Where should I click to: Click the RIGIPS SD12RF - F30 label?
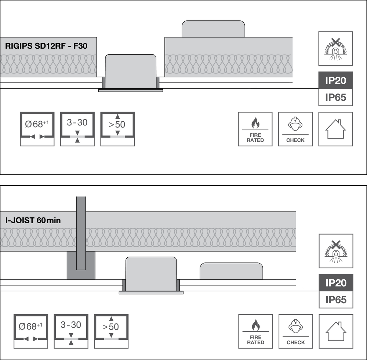[x=46, y=47]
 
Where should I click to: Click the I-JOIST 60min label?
[x=33, y=221]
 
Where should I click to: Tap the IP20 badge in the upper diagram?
[x=335, y=80]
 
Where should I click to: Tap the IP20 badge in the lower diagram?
[x=336, y=283]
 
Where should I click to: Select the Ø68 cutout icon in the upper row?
[x=37, y=129]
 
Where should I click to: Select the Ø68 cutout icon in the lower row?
[x=31, y=331]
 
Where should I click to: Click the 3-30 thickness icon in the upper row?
[x=77, y=129]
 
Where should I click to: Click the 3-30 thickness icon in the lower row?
[x=71, y=331]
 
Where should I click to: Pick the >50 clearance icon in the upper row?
[x=117, y=129]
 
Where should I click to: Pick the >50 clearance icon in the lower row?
[x=111, y=331]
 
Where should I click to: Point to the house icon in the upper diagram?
[x=336, y=129]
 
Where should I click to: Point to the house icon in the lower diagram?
[x=336, y=331]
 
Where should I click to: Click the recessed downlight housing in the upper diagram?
[x=131, y=71]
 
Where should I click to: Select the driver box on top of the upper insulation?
[x=213, y=29]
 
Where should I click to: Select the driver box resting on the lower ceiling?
[x=231, y=272]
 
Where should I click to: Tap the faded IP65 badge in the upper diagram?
[x=335, y=98]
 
